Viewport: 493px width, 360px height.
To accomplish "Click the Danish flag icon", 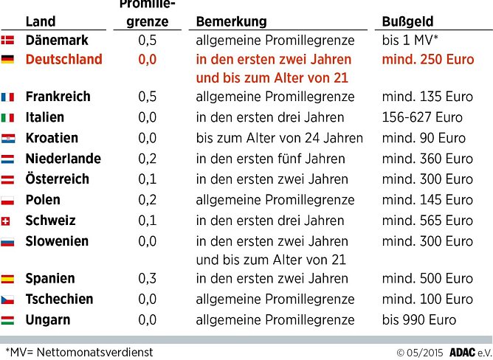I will pos(8,41).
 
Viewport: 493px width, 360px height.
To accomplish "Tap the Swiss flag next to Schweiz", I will pos(8,221).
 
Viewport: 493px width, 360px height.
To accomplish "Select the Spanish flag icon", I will pos(8,279).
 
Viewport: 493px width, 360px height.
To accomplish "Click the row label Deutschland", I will pos(63,60).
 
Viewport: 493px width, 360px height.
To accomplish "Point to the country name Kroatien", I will pos(52,138).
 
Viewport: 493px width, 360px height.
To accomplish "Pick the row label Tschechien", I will pos(59,300).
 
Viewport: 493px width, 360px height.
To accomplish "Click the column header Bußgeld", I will pos(407,21).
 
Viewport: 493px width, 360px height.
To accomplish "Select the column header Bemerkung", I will pos(232,21).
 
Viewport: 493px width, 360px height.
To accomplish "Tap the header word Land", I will pos(40,21).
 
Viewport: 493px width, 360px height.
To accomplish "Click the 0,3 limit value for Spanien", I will pos(148,279).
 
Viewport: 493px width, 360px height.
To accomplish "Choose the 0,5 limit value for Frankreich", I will pos(148,97).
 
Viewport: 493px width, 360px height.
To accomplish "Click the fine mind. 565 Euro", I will pos(427,221).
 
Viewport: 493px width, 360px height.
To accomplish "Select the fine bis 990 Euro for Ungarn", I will pos(419,320).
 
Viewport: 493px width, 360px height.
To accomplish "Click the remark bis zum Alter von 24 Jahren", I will pos(279,138).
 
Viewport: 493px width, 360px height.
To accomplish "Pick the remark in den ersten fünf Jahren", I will pos(270,159).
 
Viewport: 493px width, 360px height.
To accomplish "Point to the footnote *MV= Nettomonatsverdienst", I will pos(79,352).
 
